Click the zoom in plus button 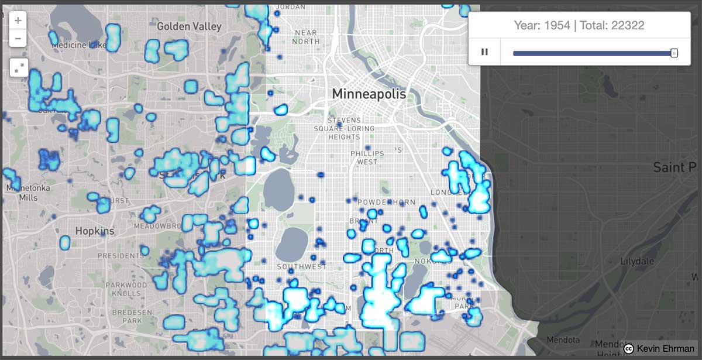coord(18,20)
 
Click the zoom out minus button coord(18,39)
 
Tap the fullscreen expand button coord(18,68)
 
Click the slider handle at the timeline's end coord(674,53)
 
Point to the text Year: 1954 coord(542,26)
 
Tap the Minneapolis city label coord(369,94)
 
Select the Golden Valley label coord(189,26)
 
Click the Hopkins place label coord(95,231)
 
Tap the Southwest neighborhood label coord(302,267)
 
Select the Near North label coord(307,37)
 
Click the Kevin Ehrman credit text coord(666,349)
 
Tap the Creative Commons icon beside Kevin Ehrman coord(629,349)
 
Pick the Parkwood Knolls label coord(126,289)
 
